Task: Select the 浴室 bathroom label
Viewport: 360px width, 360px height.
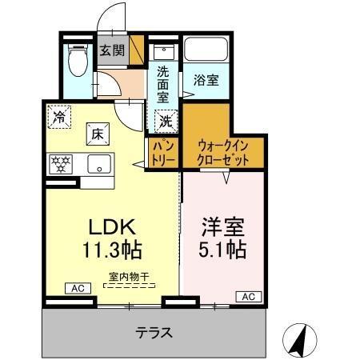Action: click(x=206, y=81)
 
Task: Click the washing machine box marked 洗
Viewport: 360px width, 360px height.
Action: click(x=165, y=122)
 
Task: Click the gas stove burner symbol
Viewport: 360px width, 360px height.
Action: click(x=60, y=163)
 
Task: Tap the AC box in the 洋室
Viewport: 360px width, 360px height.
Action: click(x=247, y=297)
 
